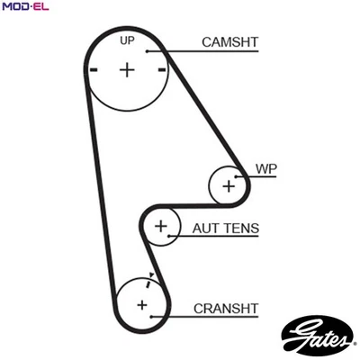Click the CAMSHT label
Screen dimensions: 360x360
pos(229,41)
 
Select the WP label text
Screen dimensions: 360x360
pos(265,168)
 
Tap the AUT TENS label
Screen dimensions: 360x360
pos(226,229)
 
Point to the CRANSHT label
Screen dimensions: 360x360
pos(226,308)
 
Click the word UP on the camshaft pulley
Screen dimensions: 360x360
pos(128,41)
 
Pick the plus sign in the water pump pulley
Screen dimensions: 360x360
pos(229,186)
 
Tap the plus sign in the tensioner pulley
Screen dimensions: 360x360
pos(161,225)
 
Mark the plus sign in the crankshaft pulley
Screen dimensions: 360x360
pos(141,305)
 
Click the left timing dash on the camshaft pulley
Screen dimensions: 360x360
pos(93,69)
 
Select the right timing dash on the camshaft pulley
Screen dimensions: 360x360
pos(162,69)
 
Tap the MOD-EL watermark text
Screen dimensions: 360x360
pos(25,7)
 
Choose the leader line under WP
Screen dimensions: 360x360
pos(261,177)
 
